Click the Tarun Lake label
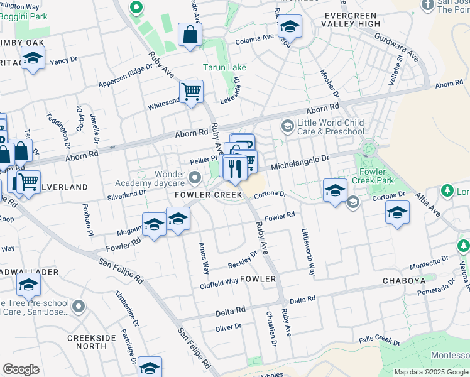point(224,67)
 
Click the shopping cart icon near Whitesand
point(191,91)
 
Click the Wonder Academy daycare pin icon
point(195,179)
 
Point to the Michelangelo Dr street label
point(300,163)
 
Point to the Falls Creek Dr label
point(380,340)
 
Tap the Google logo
point(21,369)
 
